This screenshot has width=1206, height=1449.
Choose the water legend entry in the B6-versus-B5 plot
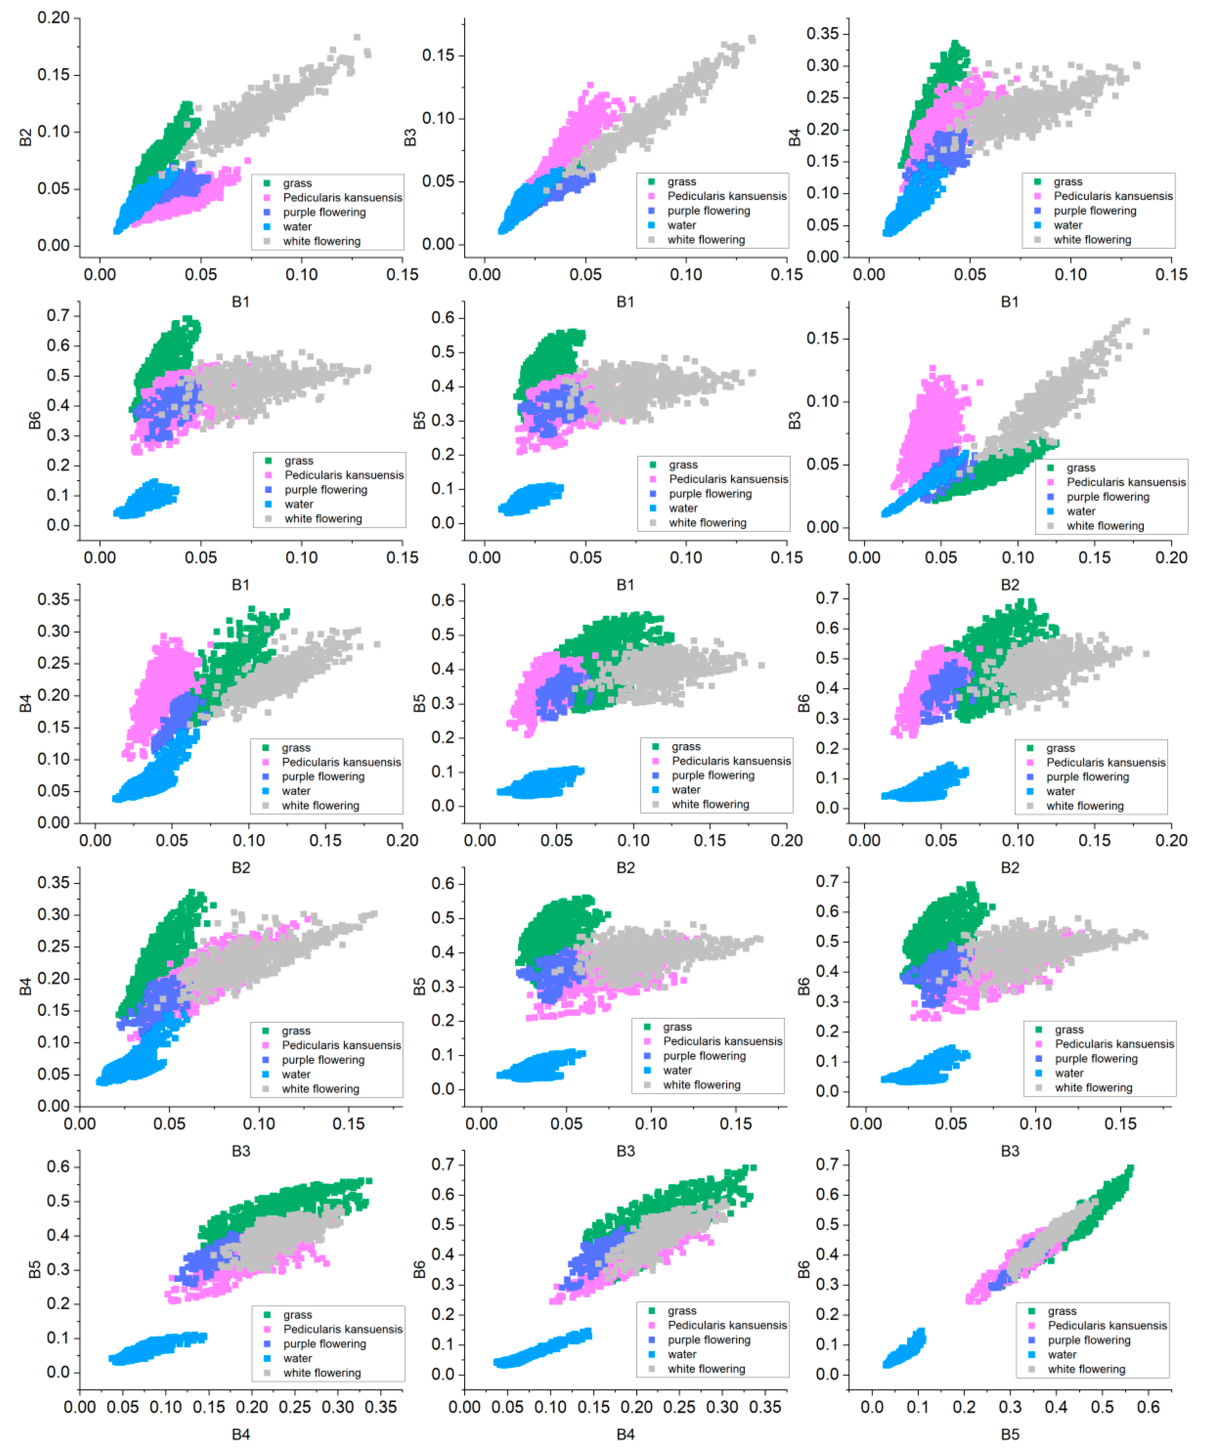click(1062, 1355)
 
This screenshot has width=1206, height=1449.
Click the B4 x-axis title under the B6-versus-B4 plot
click(625, 1434)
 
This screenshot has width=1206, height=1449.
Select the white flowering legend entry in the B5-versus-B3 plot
click(701, 1085)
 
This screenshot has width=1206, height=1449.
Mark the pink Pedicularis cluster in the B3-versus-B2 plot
click(928, 431)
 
